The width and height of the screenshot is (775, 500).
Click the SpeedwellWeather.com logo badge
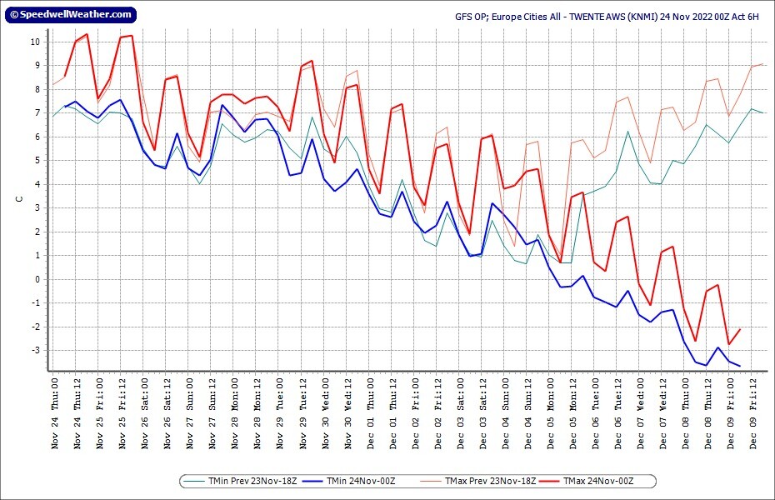coord(70,14)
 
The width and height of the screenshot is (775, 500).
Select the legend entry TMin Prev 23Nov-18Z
coord(247,481)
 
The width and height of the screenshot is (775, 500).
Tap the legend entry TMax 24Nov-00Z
coord(598,481)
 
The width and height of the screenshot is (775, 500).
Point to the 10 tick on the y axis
coord(34,42)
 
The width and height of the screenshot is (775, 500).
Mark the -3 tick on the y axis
coord(34,350)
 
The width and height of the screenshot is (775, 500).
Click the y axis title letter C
coord(18,199)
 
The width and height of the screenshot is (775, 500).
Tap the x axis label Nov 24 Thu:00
coord(55,412)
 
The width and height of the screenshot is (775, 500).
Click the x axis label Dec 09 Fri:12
coord(753,412)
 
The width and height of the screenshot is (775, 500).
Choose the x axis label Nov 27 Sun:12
coord(212,412)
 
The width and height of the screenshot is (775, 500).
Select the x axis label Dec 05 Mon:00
coord(551,412)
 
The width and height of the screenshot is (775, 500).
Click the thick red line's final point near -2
coord(740,329)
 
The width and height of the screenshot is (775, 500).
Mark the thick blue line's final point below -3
coord(740,366)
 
